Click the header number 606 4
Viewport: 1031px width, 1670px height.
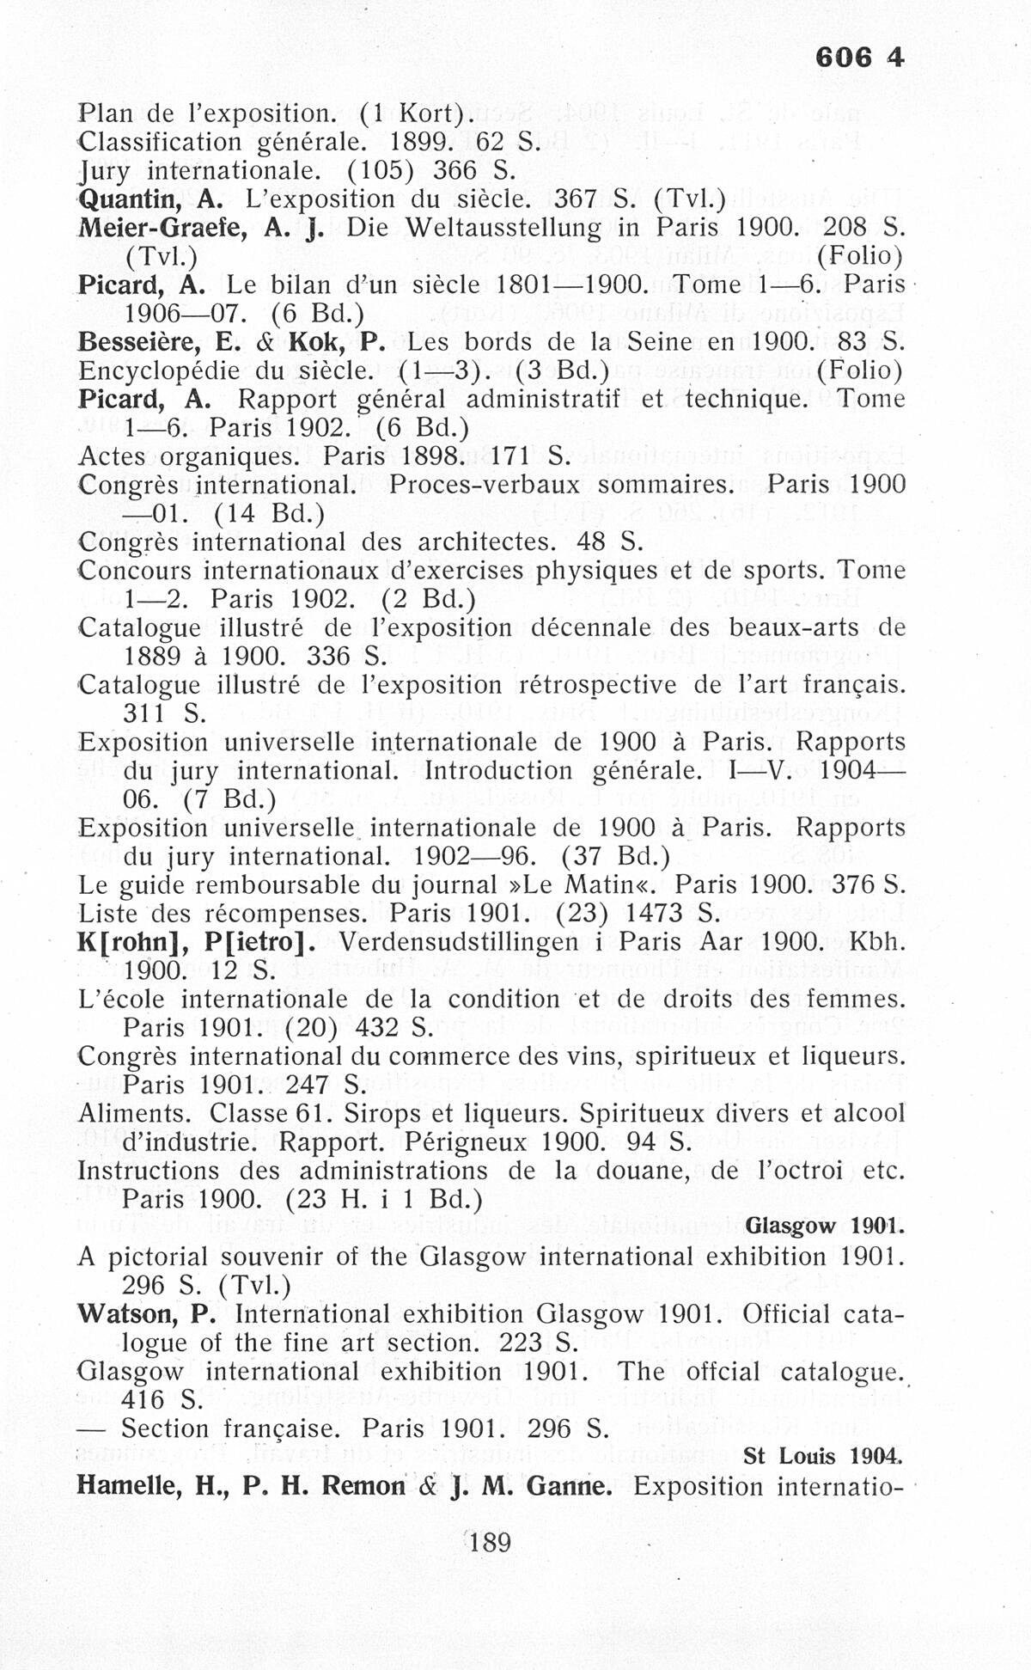coord(859,58)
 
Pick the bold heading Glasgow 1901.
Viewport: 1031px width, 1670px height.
coord(826,1227)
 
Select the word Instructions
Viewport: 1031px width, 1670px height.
coord(148,1171)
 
